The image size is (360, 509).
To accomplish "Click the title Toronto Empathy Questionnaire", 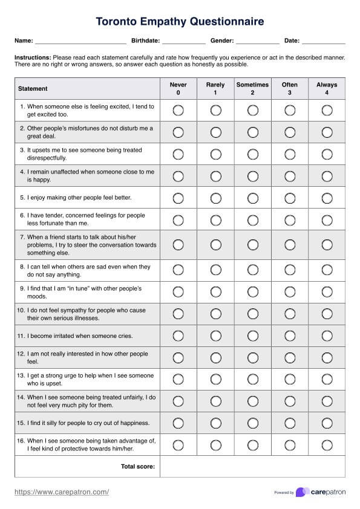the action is point(180,22).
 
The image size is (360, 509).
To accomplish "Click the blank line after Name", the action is point(80,42).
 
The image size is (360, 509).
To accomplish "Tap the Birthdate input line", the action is point(183,42).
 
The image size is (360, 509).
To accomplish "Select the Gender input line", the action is point(257,42).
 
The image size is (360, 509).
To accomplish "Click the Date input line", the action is point(323,42).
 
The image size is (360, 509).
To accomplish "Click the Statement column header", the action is point(33,89).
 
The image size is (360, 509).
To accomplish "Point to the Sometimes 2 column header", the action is point(252,89).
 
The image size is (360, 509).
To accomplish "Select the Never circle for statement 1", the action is point(178,110).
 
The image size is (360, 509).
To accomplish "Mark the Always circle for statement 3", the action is point(327,154).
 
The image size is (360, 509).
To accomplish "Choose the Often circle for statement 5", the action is point(290,198).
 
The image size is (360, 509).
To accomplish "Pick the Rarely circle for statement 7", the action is point(215,245).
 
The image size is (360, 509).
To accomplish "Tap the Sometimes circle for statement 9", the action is point(252,292).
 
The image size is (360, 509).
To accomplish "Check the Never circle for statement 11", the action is point(178,336).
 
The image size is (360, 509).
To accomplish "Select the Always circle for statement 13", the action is point(327,379).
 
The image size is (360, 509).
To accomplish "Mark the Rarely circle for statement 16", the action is point(215,445).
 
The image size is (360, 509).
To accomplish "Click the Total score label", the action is point(138,466).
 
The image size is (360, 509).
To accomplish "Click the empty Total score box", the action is point(252,466).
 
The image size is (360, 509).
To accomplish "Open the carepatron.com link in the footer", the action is point(62,492).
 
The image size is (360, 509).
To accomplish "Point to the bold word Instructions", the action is point(33,57).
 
